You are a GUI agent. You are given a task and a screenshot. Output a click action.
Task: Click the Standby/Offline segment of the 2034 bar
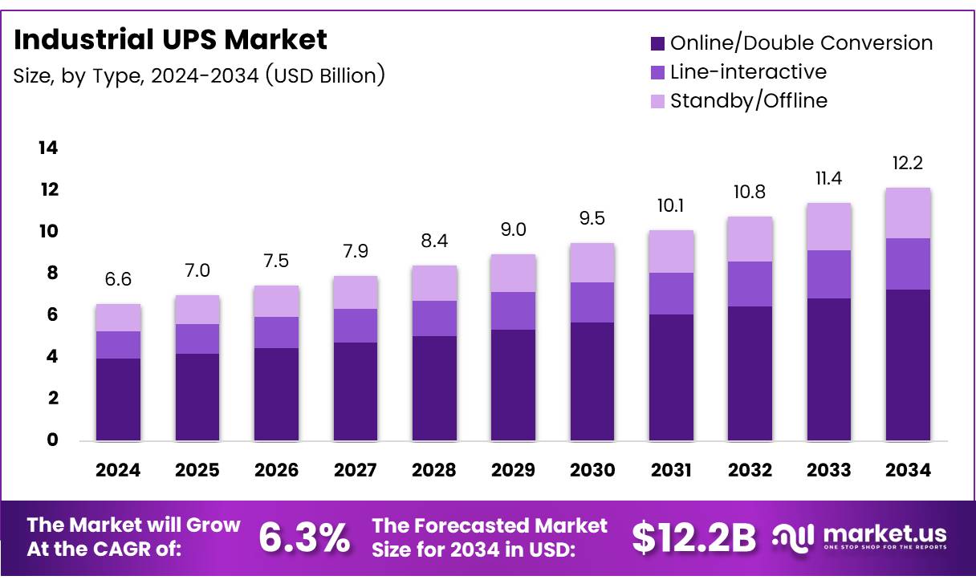tap(908, 213)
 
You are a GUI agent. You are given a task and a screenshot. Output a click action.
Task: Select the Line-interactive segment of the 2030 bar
tap(592, 302)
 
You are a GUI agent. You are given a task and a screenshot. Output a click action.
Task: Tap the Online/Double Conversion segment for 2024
tap(118, 399)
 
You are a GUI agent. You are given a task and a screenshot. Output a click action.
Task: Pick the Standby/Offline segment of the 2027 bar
tap(355, 292)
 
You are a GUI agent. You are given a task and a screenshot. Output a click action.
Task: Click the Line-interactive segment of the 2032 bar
tap(749, 284)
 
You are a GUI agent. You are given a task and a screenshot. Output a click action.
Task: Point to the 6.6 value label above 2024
tap(118, 280)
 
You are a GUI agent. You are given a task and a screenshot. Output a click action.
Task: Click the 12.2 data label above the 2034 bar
tap(908, 164)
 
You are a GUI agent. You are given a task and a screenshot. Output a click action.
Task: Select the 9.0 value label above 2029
tap(513, 230)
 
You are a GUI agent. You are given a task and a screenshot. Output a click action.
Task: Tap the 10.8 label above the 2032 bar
tap(749, 193)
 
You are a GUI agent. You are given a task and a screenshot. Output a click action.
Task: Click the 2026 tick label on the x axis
tap(276, 471)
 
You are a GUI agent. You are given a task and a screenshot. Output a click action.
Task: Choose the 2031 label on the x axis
tap(670, 471)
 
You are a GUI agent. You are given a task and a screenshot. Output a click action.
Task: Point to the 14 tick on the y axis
tap(47, 148)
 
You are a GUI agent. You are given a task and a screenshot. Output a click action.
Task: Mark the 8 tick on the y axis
tap(52, 274)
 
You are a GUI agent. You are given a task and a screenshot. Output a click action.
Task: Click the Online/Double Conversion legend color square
tap(657, 43)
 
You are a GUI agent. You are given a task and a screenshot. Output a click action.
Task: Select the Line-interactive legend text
tap(748, 71)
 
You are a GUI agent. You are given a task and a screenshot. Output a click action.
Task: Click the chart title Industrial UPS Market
tap(170, 39)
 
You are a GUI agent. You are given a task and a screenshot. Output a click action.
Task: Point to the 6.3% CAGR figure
tap(304, 537)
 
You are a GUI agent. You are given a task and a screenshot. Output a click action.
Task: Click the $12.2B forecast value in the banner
tap(693, 537)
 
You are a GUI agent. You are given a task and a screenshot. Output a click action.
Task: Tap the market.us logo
tap(859, 536)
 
